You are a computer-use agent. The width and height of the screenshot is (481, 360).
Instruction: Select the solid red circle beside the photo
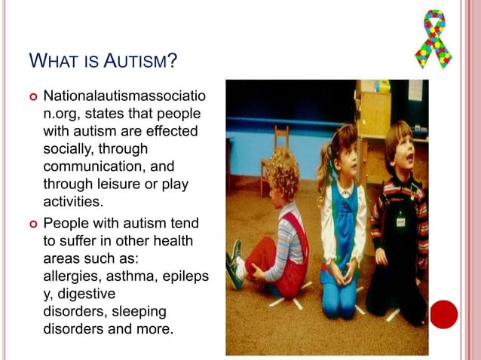click(444, 313)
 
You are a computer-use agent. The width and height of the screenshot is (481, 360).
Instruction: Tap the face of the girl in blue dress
click(339, 155)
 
